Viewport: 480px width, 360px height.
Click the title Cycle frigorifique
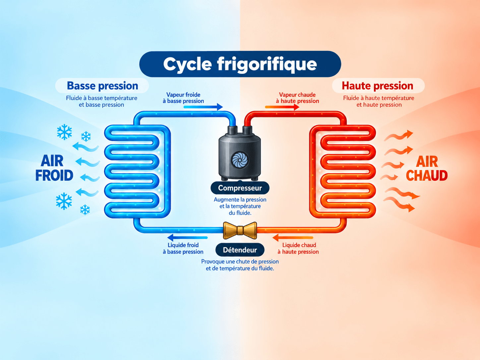[240, 64]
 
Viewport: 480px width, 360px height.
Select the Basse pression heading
[102, 86]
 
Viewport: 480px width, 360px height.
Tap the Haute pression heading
[378, 86]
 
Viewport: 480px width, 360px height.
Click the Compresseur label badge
[240, 188]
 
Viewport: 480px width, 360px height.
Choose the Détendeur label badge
[240, 250]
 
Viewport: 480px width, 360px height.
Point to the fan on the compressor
[240, 160]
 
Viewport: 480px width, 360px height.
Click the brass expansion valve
[240, 230]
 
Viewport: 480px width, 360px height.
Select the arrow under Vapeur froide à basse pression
[203, 107]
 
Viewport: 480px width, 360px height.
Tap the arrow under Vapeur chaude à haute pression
[282, 107]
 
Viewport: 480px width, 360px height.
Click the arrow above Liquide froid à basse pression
[187, 238]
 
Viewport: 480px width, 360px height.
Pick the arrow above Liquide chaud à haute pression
[293, 238]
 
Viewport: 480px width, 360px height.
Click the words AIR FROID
[54, 168]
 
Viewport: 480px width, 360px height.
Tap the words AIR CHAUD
[427, 168]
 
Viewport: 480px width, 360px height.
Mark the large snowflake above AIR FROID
[65, 132]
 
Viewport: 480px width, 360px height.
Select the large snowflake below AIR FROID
[64, 201]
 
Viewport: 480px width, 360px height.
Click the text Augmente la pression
[240, 200]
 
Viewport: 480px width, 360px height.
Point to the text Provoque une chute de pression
[240, 262]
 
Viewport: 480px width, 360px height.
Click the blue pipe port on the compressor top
[232, 130]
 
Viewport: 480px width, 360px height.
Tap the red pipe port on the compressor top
[247, 130]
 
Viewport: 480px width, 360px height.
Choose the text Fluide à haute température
[379, 98]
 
